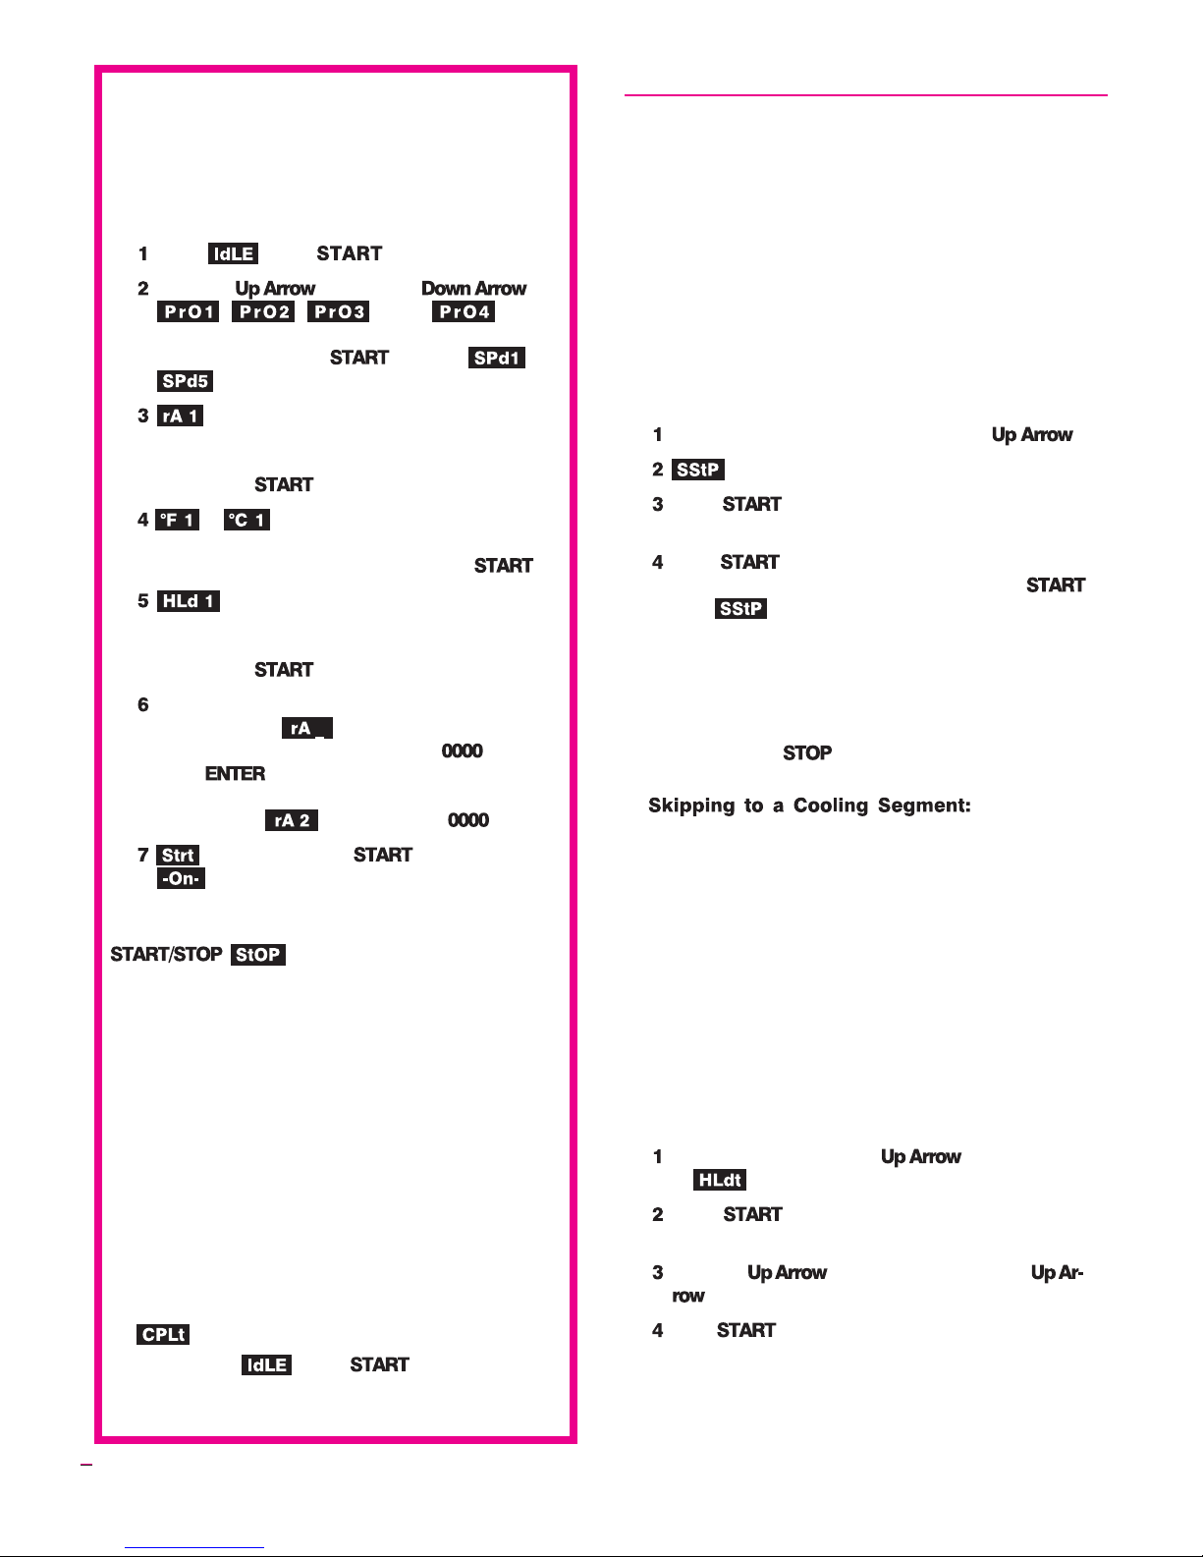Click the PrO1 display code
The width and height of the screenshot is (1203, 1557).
(x=189, y=312)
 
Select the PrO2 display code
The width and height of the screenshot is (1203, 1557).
(x=263, y=312)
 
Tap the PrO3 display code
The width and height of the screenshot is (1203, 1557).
(x=339, y=312)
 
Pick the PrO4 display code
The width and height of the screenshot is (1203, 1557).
(x=464, y=312)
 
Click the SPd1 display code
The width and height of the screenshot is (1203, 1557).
(x=497, y=358)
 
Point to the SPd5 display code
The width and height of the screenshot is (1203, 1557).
(x=186, y=381)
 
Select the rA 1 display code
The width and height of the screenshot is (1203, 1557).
(x=180, y=416)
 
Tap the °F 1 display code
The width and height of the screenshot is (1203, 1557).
(x=178, y=520)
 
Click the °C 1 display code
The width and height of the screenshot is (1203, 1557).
(x=246, y=520)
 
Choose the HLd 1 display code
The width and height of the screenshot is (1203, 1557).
(x=189, y=601)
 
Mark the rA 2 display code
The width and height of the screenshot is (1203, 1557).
(x=292, y=820)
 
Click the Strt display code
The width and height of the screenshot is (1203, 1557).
(x=178, y=855)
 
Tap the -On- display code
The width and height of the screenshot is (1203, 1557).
(x=182, y=878)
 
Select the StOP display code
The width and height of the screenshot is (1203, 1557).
(x=258, y=954)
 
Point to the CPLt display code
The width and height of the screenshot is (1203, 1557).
(x=163, y=1334)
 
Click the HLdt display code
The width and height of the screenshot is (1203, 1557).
(x=720, y=1180)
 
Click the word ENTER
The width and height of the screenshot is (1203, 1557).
(x=235, y=774)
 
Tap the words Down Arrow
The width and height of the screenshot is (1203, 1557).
(x=473, y=289)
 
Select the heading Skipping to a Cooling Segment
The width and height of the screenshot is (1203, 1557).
(x=809, y=806)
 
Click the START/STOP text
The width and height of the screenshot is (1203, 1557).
(x=165, y=954)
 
